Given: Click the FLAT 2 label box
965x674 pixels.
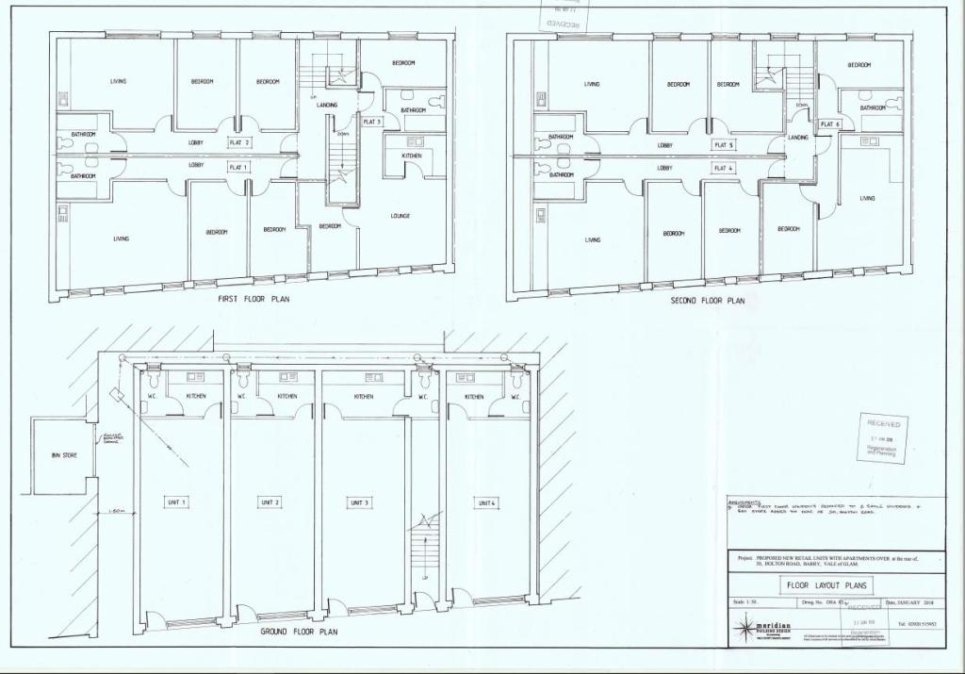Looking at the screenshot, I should tap(239, 143).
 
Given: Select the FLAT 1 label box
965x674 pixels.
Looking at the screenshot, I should tap(239, 167).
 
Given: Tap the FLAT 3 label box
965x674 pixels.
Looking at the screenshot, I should tap(371, 123).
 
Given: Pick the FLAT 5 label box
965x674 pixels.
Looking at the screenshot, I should tap(723, 145).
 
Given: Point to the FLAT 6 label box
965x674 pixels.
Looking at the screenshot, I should tap(829, 124).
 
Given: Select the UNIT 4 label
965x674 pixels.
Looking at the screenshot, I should tap(485, 502).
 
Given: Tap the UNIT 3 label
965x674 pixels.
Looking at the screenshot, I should tap(359, 502).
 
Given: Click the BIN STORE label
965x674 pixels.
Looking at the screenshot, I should tap(64, 455).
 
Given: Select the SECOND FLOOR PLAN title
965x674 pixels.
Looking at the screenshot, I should tap(707, 301).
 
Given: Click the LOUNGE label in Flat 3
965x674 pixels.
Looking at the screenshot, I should tap(400, 216).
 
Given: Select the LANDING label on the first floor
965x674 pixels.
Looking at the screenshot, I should tap(327, 105).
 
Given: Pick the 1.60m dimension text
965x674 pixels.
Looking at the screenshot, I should tap(117, 512).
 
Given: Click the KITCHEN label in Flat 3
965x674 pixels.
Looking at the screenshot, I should tap(411, 155).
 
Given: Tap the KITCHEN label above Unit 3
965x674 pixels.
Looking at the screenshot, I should tap(364, 397).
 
